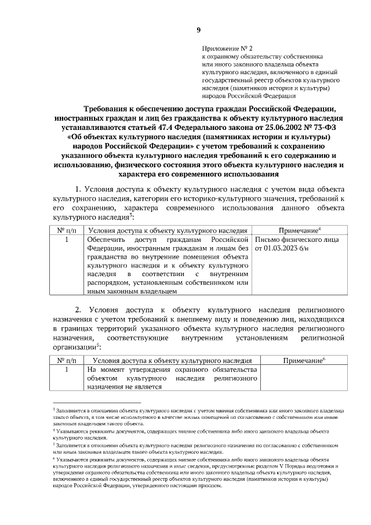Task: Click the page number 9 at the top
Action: [x=198, y=30]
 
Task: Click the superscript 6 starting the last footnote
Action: [x=54, y=458]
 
